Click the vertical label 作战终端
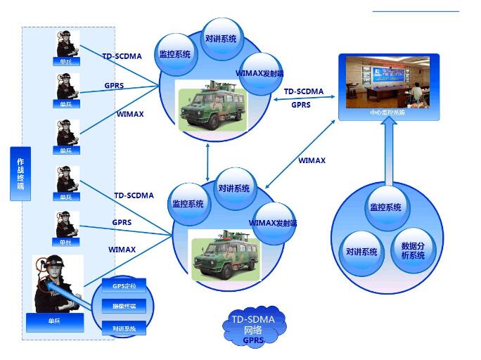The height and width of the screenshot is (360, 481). pos(20,174)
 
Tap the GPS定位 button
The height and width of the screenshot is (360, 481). pos(124,285)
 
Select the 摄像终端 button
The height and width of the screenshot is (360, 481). pos(124,306)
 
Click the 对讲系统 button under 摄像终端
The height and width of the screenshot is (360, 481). pos(124,328)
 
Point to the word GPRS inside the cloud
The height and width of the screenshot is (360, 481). pos(254,340)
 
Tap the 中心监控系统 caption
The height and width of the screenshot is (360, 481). pos(387,112)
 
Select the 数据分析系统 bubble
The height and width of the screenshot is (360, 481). pos(413,250)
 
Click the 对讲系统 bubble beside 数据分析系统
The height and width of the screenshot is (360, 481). pos(361,251)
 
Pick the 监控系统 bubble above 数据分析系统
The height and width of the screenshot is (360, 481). pos(385,207)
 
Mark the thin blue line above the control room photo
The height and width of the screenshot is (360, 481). pos(415,11)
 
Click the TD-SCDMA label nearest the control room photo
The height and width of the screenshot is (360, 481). pos(303,91)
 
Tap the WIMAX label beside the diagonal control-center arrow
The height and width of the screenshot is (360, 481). pos(312,160)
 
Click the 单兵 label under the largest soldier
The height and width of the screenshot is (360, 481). pos(54,321)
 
